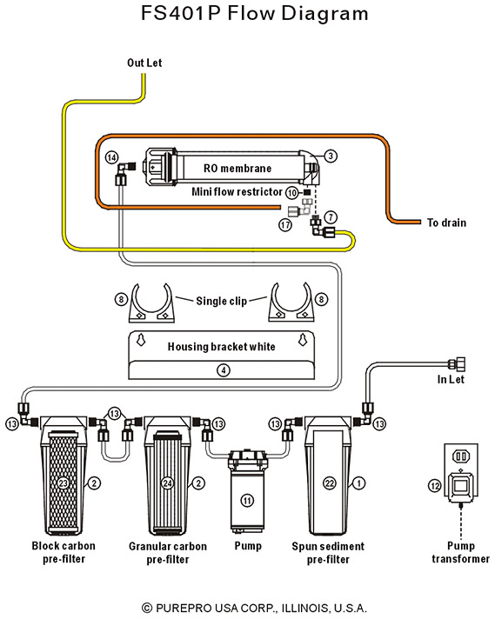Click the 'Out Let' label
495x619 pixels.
click(x=144, y=63)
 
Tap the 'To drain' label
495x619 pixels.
click(x=446, y=223)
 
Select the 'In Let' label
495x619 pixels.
click(x=451, y=379)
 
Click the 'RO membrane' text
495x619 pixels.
click(x=237, y=169)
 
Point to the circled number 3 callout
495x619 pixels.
click(x=331, y=156)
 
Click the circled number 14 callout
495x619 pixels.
click(x=112, y=157)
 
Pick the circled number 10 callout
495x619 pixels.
click(x=291, y=193)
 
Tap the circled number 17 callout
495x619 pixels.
click(x=285, y=225)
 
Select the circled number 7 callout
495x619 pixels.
click(x=331, y=216)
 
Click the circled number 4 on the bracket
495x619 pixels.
click(x=224, y=370)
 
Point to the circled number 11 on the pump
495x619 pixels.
click(x=247, y=501)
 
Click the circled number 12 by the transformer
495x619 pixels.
click(x=435, y=485)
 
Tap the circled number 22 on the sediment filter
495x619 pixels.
click(x=330, y=483)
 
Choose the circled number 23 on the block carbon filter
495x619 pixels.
click(x=64, y=483)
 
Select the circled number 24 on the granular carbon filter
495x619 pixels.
click(x=168, y=483)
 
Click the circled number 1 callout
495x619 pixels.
click(x=358, y=483)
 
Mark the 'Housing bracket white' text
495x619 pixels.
click(x=221, y=347)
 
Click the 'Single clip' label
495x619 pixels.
click(x=221, y=301)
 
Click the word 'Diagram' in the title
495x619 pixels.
click(x=324, y=13)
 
